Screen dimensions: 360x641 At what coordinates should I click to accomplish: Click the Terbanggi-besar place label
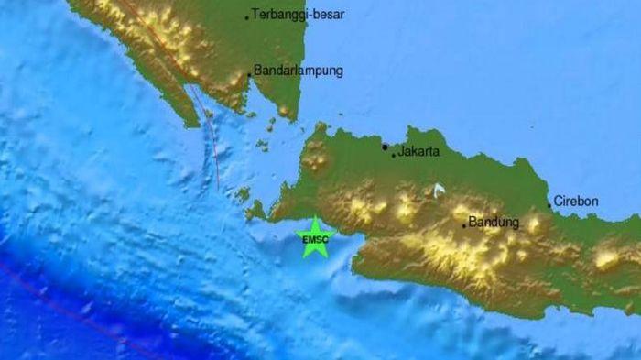pos(297,16)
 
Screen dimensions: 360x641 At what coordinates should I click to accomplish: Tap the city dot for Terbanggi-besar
pos(247,16)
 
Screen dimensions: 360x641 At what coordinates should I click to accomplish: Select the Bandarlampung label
pos(298,71)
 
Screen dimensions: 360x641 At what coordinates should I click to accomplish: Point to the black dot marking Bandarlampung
pos(249,75)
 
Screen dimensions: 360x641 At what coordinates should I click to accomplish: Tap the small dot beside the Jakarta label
pos(394,156)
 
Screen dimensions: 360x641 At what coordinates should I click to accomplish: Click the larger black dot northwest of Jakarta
pos(385,146)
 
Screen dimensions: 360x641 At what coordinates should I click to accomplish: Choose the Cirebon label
pos(578,201)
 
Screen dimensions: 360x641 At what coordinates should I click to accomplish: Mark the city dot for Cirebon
pos(549,205)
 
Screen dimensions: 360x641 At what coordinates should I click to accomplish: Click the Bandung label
pos(494,222)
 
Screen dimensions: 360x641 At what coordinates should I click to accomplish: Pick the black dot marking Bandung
pos(464,224)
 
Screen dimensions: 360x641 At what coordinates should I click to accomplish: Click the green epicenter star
pos(314,237)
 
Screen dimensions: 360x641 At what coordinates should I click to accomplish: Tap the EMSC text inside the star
pos(314,239)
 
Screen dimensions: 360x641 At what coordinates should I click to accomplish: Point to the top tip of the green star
pos(314,218)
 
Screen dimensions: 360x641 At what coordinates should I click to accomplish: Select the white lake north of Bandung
pos(439,190)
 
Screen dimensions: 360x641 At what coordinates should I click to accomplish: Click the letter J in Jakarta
pos(401,152)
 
